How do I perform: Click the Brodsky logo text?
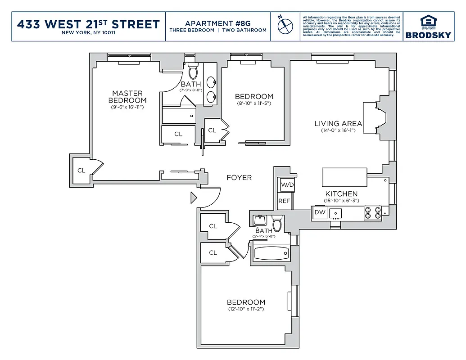(x=428, y=35)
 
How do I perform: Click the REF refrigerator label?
(x=284, y=201)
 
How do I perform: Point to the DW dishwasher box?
(x=320, y=212)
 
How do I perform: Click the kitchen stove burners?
(x=373, y=212)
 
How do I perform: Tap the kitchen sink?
(x=335, y=212)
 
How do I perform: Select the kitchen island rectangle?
(x=344, y=177)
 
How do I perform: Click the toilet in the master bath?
(x=193, y=72)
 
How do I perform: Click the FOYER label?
(x=239, y=178)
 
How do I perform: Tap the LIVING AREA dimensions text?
(x=338, y=131)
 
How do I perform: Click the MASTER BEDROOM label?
(x=127, y=97)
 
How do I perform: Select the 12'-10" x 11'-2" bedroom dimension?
(x=246, y=309)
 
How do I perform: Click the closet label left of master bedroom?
(x=81, y=171)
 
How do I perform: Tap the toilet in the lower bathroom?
(x=277, y=222)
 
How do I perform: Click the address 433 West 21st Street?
(x=88, y=24)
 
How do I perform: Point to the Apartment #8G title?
(x=217, y=23)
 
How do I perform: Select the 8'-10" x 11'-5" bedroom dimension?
(x=254, y=103)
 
